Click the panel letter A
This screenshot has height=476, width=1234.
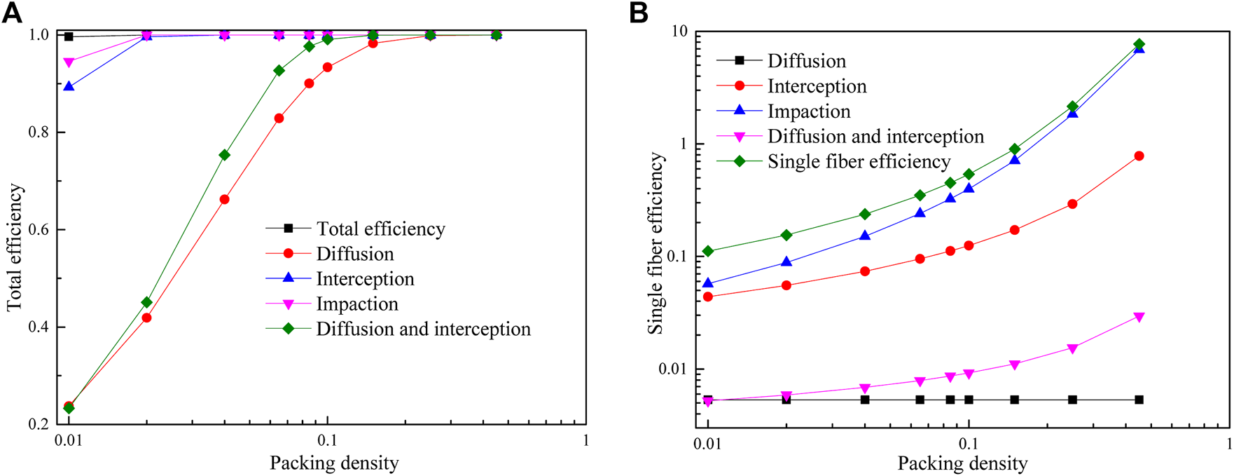(12, 13)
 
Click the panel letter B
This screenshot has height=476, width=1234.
(639, 13)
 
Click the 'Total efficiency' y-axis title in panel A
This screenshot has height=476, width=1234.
(15, 247)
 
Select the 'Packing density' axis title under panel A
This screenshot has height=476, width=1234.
(334, 463)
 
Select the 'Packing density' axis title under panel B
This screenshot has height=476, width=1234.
(962, 463)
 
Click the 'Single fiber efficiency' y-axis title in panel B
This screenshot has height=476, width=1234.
(656, 243)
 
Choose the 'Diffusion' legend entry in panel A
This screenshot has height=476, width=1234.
(355, 254)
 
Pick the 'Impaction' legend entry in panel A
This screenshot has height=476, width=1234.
(357, 304)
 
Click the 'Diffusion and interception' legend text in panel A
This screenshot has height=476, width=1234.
(423, 329)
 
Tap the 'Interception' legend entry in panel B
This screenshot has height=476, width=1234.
(817, 86)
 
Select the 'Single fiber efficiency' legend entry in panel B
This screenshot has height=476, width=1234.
(859, 161)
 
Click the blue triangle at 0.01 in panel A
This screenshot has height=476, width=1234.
(69, 86)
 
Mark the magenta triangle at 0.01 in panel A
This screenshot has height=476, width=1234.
(69, 63)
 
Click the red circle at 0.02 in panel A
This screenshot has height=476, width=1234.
(146, 318)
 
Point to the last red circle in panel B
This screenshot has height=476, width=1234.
(1139, 156)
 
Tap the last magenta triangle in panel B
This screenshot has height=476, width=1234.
(1139, 317)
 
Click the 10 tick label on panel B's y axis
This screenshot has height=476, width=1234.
(680, 32)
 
